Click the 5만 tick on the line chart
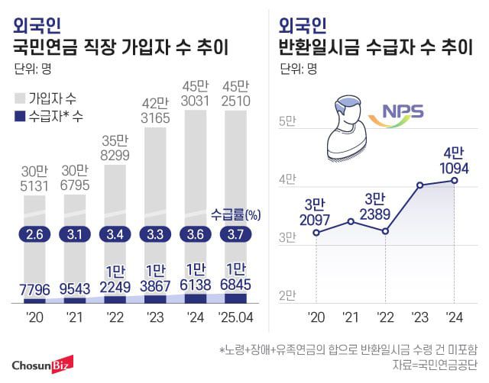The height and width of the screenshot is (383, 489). click(287, 121)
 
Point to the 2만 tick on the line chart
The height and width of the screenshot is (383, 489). click(287, 295)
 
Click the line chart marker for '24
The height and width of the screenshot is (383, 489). click(455, 180)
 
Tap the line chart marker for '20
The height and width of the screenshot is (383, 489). click(316, 232)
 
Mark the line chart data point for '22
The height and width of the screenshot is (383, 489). click(385, 230)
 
